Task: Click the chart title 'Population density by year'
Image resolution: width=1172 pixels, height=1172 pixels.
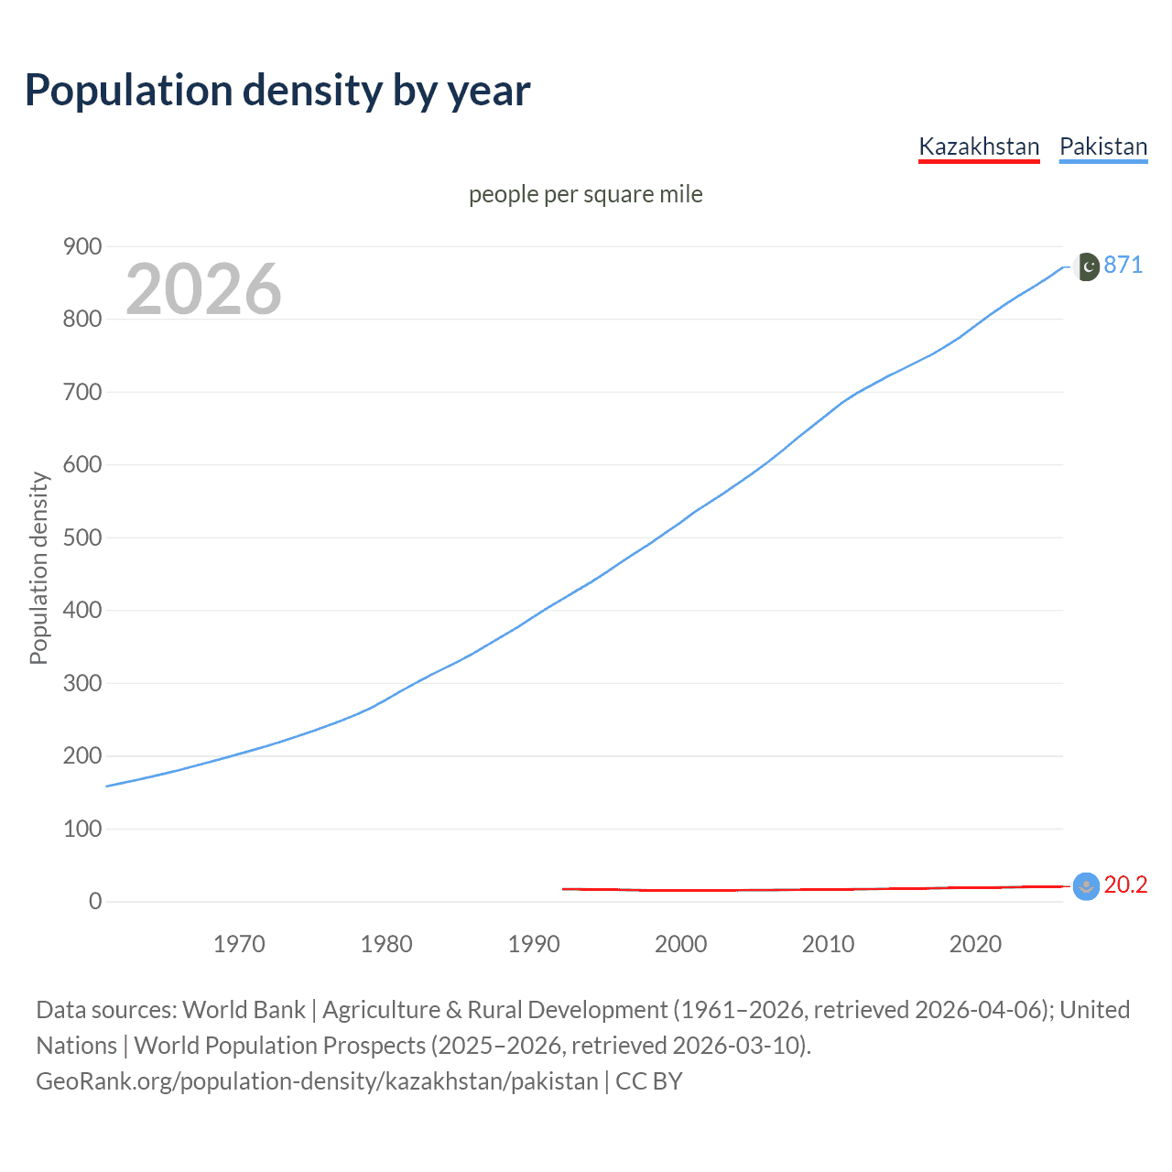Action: pyautogui.click(x=277, y=91)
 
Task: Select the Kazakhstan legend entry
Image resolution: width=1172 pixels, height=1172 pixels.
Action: pyautogui.click(x=979, y=146)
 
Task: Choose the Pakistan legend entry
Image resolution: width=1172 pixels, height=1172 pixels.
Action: pyautogui.click(x=1102, y=146)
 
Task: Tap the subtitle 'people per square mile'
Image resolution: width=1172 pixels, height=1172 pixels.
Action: pyautogui.click(x=585, y=195)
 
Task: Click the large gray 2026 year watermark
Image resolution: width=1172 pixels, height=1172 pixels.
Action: pyautogui.click(x=203, y=289)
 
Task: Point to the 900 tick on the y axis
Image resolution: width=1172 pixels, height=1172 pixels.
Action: pyautogui.click(x=82, y=246)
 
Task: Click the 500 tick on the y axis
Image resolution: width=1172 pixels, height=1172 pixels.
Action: pyautogui.click(x=82, y=537)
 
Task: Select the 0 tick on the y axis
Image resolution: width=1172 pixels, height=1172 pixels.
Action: pyautogui.click(x=95, y=901)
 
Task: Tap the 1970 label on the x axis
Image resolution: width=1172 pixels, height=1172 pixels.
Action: pyautogui.click(x=239, y=944)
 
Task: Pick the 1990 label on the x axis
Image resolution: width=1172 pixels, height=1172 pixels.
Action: pyautogui.click(x=534, y=944)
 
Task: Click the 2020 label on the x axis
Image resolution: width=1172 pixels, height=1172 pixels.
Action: pyautogui.click(x=975, y=944)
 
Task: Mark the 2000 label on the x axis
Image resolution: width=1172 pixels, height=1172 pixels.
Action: pyautogui.click(x=680, y=944)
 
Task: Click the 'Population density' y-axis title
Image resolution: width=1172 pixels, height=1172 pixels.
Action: pyautogui.click(x=38, y=568)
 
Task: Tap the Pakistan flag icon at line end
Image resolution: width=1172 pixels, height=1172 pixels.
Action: pyautogui.click(x=1086, y=266)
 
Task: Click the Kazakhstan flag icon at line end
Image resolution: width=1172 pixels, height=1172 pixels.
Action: pyautogui.click(x=1086, y=886)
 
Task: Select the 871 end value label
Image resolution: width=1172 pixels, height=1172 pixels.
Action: pyautogui.click(x=1123, y=266)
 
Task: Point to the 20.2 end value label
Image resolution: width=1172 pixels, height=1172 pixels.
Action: pyautogui.click(x=1125, y=884)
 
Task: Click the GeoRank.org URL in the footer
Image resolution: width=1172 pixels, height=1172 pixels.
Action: pyautogui.click(x=317, y=1081)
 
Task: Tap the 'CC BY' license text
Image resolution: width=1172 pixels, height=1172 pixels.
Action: pyautogui.click(x=649, y=1081)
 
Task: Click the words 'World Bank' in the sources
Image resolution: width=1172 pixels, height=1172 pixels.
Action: pyautogui.click(x=244, y=1010)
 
